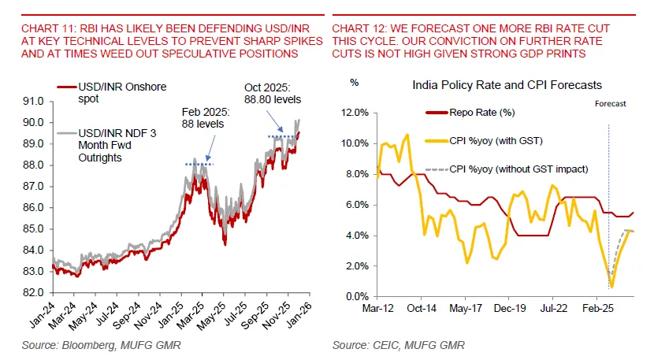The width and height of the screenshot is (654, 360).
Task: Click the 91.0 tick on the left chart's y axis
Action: pyautogui.click(x=35, y=101)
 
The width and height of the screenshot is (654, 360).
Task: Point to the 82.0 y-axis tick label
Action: pyautogui.click(x=35, y=292)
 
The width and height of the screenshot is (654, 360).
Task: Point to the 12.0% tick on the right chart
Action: pyautogui.click(x=354, y=113)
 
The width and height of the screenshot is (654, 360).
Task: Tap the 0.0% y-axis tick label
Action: pyautogui.click(x=356, y=296)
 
